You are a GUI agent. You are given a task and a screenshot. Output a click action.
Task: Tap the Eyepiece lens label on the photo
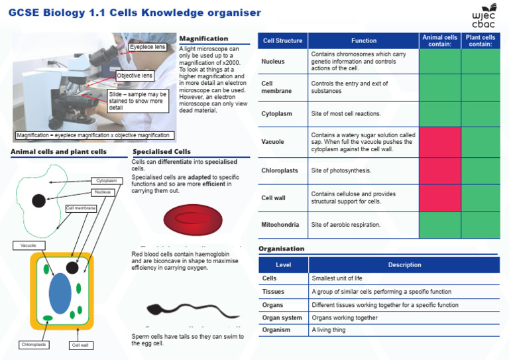[x=147, y=47]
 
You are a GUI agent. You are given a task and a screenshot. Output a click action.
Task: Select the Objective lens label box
[x=135, y=76]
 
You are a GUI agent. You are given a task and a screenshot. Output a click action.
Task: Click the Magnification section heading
[x=203, y=38]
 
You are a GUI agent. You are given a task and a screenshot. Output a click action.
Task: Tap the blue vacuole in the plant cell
[x=60, y=292]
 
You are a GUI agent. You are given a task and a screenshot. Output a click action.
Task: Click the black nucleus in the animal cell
[x=39, y=200]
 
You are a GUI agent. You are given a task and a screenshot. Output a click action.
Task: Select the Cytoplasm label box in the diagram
[x=106, y=180]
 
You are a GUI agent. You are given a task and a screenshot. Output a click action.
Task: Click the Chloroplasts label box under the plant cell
[x=33, y=345]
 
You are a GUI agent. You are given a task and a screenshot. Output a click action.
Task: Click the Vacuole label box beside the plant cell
[x=28, y=245]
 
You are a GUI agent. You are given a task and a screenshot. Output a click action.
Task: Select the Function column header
[x=363, y=40]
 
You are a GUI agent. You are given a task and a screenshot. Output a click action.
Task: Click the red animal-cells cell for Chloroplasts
[x=440, y=170]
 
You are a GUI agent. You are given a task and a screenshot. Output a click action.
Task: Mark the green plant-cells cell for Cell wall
[x=481, y=198]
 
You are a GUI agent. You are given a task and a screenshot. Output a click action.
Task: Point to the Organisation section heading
[x=281, y=249]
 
